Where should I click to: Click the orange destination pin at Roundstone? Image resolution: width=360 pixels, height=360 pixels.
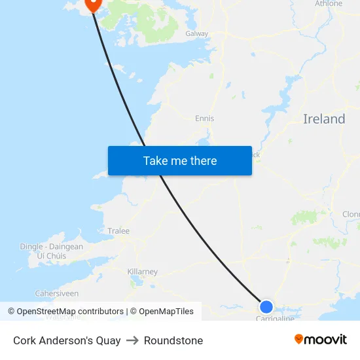(92, 4)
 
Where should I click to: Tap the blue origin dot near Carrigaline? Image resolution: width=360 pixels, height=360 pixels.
(266, 306)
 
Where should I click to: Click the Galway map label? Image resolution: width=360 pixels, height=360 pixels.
(196, 33)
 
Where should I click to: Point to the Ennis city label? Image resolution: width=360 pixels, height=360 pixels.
(204, 118)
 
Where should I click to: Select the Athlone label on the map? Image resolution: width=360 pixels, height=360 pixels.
(329, 4)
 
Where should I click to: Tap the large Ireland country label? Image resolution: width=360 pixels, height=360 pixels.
(324, 119)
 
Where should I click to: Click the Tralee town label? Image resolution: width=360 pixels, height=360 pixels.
(118, 231)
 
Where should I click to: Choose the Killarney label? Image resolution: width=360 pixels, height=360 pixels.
(142, 272)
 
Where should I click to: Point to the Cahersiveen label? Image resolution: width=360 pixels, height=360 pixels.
(56, 294)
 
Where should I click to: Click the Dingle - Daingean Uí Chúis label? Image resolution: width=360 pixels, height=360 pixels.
(52, 251)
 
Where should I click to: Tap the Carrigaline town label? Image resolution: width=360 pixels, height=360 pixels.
(275, 318)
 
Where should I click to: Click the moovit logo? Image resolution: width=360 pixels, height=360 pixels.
(321, 340)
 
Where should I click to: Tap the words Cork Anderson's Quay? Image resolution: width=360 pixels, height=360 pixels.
(67, 340)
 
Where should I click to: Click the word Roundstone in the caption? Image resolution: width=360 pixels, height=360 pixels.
(173, 340)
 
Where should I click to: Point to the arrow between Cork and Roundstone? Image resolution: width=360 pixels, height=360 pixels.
(132, 340)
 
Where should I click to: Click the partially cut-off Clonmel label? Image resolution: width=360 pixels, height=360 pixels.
(351, 215)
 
